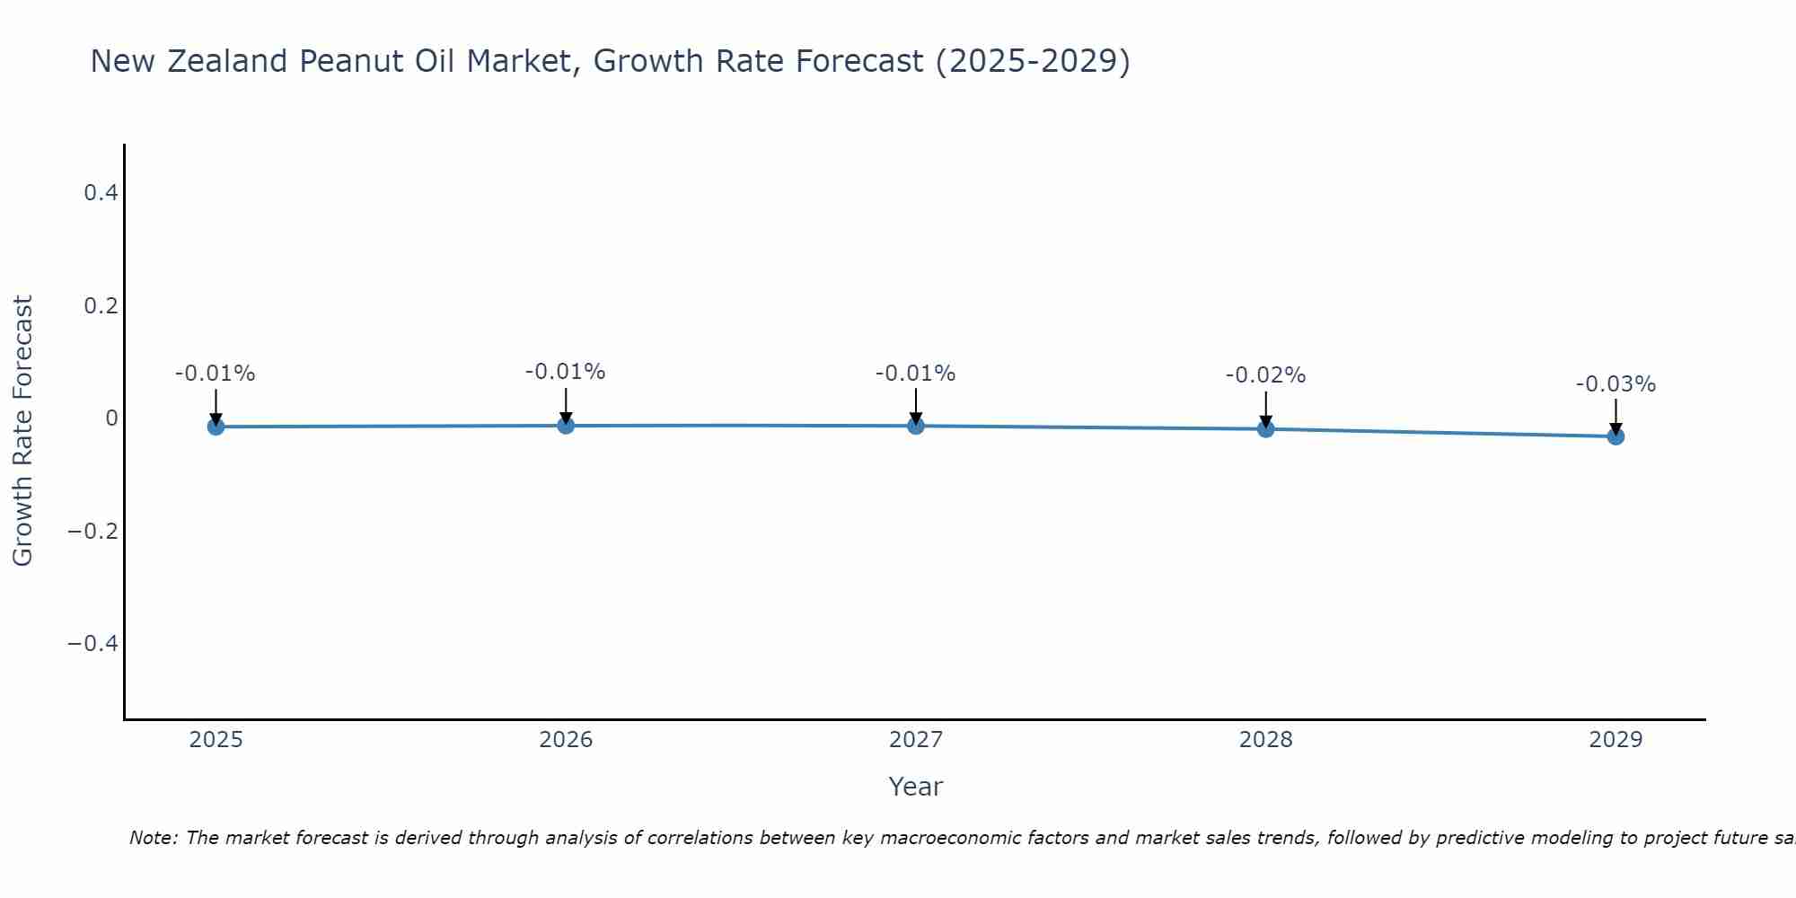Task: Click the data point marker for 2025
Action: click(216, 427)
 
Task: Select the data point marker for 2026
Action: click(566, 425)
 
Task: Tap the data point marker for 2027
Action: click(916, 426)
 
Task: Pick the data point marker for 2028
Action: click(1265, 429)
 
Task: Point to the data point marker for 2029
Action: click(1616, 436)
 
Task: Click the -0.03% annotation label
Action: click(1616, 384)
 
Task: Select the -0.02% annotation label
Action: click(1265, 375)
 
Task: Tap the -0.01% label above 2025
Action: click(215, 374)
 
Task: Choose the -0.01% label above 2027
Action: click(915, 374)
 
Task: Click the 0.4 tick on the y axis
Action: click(101, 193)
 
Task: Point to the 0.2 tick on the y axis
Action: click(101, 306)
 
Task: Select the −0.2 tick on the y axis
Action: click(93, 532)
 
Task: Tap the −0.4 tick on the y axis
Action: click(93, 644)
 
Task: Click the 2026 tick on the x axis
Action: click(566, 740)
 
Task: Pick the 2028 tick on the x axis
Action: click(1265, 740)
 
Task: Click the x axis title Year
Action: click(915, 788)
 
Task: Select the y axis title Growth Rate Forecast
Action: click(22, 431)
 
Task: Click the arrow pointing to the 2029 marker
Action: click(1616, 413)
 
